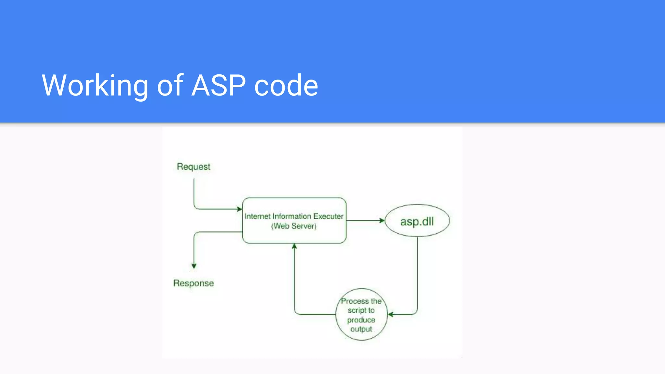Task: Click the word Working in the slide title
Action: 95,85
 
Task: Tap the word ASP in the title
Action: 219,85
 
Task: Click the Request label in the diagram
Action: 194,167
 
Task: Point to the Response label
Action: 194,283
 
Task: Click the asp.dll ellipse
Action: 417,221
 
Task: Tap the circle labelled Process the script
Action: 361,314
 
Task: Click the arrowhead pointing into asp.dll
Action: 382,220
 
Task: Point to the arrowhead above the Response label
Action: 194,266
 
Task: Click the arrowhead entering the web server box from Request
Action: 239,209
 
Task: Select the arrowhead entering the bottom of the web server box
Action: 294,246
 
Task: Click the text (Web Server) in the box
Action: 294,226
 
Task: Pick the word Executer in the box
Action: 328,216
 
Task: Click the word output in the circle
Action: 361,329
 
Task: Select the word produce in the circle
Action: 361,320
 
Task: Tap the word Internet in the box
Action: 257,216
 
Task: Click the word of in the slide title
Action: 170,85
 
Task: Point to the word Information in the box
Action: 292,216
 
